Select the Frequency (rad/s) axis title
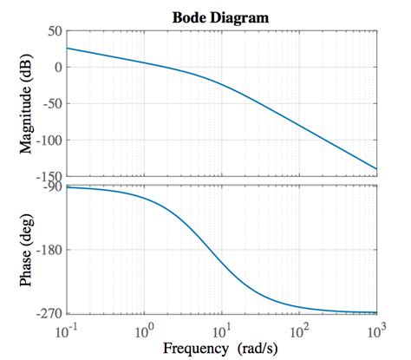(x=222, y=349)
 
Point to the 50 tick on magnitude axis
(x=52, y=31)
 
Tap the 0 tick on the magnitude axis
(x=56, y=68)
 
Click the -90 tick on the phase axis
(x=50, y=186)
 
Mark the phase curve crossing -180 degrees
(x=205, y=250)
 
